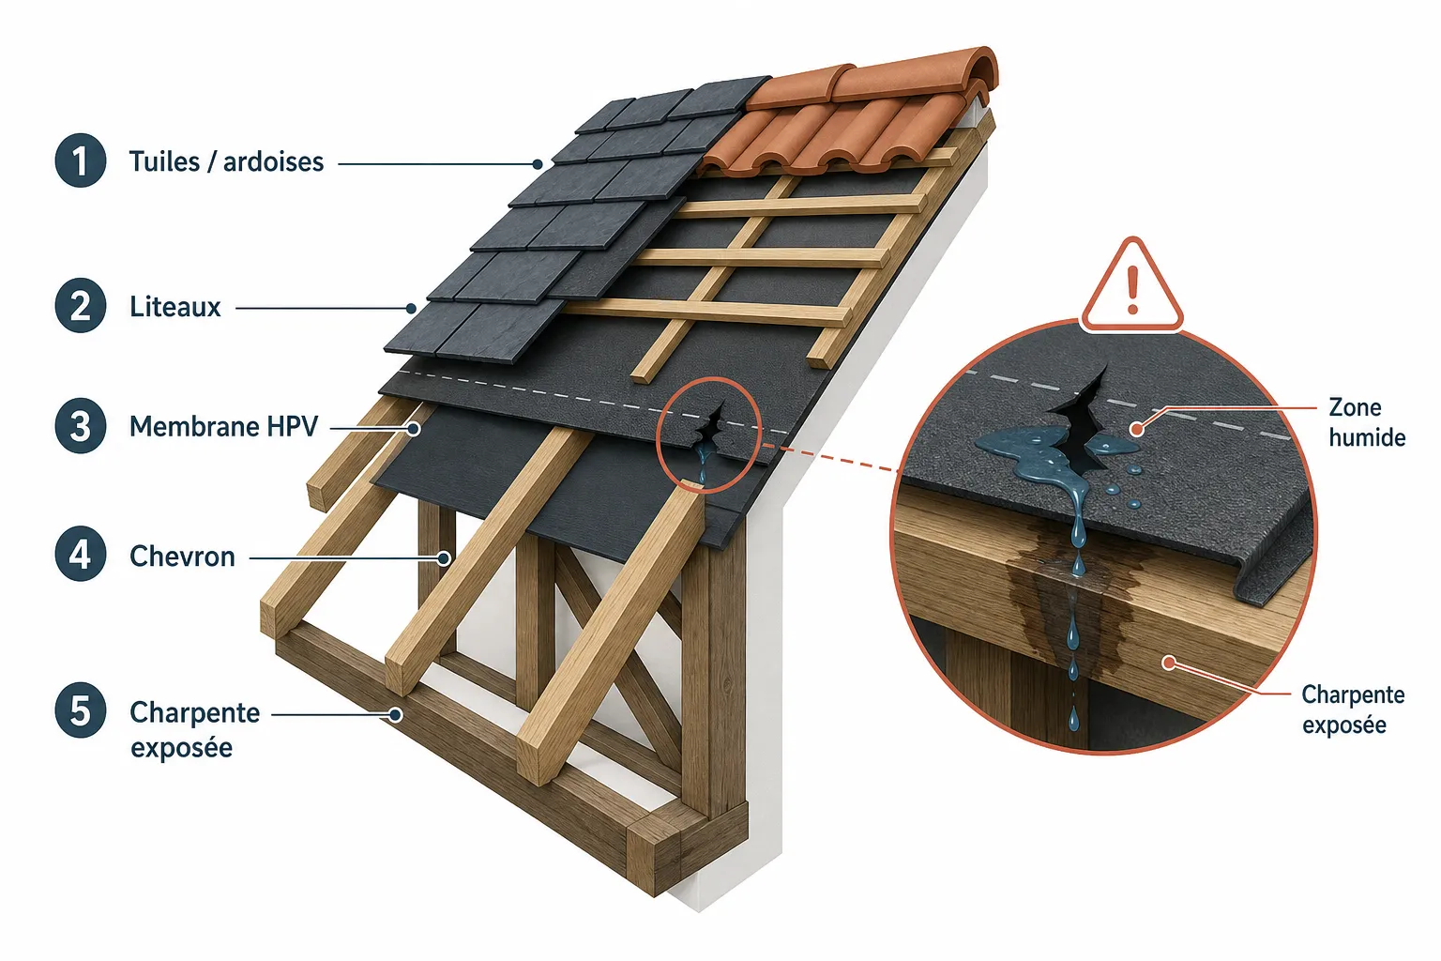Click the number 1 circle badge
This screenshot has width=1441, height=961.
pos(81,160)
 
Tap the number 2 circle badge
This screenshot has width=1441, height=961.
pos(81,305)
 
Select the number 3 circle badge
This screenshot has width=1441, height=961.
pos(81,425)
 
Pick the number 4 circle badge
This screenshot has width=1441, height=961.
pos(81,555)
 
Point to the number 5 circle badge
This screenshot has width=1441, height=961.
pos(81,710)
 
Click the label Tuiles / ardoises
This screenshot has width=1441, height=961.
pos(226,161)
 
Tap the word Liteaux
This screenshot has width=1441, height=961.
pos(175,307)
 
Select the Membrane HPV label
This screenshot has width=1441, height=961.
pos(224,427)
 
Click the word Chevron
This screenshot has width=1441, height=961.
pos(182,557)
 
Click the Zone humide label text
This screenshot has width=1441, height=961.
pos(1366,423)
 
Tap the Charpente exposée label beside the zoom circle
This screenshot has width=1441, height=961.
pos(1353,710)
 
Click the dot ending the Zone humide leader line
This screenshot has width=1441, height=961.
pos(1137,428)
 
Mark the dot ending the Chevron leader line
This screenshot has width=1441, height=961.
pos(443,558)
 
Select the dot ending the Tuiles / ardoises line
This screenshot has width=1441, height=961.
pos(538,164)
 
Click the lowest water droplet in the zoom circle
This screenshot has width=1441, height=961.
pos(1073,719)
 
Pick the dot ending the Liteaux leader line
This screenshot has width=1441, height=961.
pos(411,309)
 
